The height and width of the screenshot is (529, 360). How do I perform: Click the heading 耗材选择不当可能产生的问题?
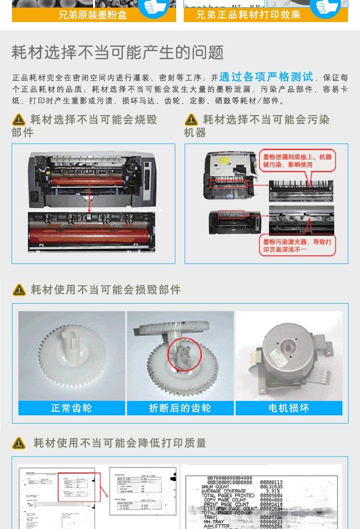[118, 52]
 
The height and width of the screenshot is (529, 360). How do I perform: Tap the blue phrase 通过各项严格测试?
[266, 77]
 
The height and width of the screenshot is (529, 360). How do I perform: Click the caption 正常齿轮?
[72, 408]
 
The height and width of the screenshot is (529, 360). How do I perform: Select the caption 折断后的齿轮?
[180, 408]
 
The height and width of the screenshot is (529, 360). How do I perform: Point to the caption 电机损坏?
[288, 408]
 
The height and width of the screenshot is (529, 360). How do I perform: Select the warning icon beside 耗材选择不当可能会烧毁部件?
[19, 120]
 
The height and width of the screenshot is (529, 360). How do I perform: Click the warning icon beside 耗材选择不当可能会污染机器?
[191, 120]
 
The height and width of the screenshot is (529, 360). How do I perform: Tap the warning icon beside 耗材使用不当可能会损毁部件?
[19, 290]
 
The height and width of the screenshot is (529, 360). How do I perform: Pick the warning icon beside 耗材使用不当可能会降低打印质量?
[19, 443]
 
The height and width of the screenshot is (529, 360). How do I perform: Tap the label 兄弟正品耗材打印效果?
[248, 15]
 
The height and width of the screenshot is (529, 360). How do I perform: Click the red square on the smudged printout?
[79, 487]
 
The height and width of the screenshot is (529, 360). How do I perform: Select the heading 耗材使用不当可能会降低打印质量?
[120, 443]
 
